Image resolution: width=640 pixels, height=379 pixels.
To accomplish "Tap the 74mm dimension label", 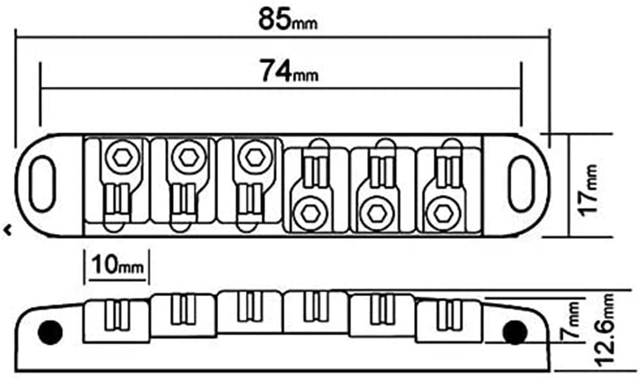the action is click(x=289, y=70).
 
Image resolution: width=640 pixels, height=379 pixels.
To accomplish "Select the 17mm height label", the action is click(x=589, y=189).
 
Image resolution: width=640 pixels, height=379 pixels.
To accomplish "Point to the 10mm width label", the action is click(x=118, y=265).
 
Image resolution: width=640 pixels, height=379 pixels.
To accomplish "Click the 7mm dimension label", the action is click(x=574, y=320).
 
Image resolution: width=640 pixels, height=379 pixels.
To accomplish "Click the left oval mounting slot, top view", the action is click(x=43, y=184).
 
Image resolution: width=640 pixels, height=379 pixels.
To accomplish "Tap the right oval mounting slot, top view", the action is click(x=522, y=184).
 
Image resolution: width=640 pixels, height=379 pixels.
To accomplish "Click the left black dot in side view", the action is click(x=50, y=332).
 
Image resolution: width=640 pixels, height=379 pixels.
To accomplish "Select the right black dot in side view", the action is click(x=515, y=332).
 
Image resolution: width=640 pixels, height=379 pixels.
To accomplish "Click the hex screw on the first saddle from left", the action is click(x=122, y=157).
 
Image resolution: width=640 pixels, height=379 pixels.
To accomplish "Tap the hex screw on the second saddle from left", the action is click(x=189, y=157).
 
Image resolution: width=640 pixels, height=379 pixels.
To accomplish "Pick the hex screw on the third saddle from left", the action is click(x=255, y=157).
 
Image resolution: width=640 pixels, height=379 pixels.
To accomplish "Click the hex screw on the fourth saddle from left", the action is click(x=310, y=213).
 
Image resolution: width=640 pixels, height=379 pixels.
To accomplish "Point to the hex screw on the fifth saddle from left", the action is click(x=377, y=213).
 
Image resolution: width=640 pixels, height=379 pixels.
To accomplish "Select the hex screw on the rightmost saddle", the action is click(x=444, y=213).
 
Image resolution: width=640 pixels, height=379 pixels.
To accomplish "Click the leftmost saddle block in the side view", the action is click(x=116, y=321).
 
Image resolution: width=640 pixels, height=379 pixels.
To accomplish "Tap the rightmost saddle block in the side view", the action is click(x=449, y=321).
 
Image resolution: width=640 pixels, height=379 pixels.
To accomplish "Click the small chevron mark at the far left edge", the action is click(x=8, y=230).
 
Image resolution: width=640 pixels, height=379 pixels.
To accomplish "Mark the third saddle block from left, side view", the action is click(x=250, y=312).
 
